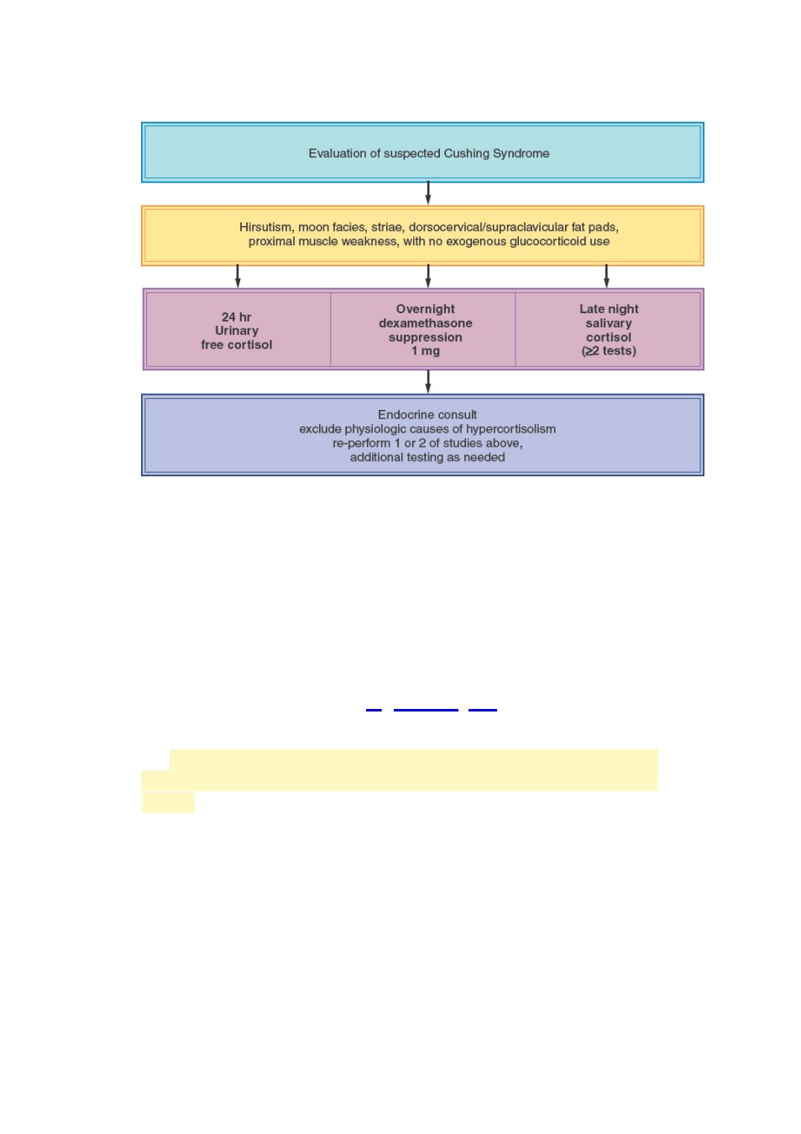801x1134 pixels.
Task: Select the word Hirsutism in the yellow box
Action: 265,228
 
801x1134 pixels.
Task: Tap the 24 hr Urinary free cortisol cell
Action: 237,331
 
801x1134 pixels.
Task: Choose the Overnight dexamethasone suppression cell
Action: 425,329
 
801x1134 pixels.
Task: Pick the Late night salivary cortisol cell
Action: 608,329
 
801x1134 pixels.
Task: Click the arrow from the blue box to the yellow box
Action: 428,193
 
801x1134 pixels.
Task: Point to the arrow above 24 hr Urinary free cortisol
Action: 238,276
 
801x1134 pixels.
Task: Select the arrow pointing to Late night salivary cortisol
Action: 606,276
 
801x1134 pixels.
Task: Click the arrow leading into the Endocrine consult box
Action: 428,381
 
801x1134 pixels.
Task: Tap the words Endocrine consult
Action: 427,415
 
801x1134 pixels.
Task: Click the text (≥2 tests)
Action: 609,351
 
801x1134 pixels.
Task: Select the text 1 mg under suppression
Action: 425,351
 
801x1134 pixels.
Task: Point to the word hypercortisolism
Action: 510,429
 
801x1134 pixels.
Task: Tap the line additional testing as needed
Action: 427,458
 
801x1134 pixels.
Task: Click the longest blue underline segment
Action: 426,711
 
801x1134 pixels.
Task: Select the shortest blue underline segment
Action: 374,711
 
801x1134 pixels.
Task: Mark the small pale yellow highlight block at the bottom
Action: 168,802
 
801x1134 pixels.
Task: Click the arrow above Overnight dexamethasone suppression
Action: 428,276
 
